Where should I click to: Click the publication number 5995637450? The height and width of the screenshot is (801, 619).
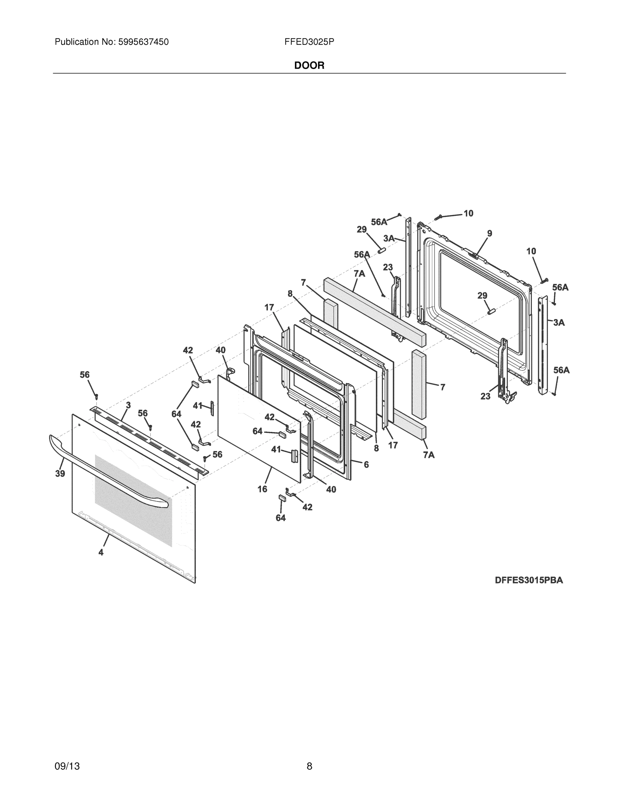143,42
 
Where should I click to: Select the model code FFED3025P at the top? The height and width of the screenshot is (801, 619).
309,42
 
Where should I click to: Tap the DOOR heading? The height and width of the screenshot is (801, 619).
309,66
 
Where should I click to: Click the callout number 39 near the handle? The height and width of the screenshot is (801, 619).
60,474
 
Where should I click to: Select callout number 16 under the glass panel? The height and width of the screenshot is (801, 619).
262,489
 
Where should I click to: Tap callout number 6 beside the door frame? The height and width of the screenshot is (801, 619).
366,465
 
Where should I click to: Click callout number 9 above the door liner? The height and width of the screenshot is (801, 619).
489,233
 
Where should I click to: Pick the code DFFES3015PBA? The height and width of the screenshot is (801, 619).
529,580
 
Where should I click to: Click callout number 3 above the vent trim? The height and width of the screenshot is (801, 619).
128,405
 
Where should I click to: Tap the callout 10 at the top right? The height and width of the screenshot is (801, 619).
468,213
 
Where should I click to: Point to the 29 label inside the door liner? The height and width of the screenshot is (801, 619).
482,296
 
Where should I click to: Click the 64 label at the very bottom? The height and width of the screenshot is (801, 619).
281,518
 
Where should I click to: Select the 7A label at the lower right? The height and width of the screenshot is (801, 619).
429,455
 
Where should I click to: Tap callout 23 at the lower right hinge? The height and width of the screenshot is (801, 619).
485,396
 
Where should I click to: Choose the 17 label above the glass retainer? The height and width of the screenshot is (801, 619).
269,307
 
